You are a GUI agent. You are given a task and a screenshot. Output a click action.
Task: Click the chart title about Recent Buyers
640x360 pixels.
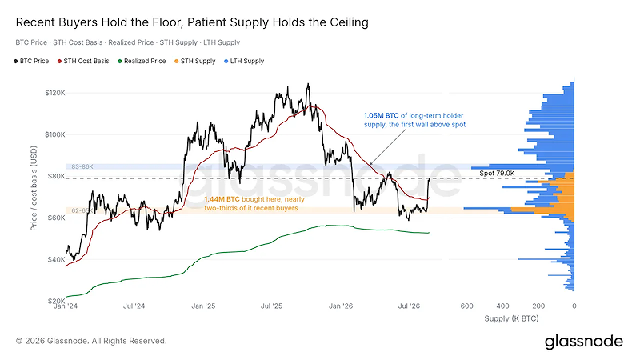click(192, 22)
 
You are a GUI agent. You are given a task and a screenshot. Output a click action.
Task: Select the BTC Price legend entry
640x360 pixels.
click(31, 62)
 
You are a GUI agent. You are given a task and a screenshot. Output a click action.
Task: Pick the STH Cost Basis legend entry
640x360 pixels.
click(83, 62)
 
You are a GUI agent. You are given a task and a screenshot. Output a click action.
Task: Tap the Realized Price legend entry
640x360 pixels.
click(142, 62)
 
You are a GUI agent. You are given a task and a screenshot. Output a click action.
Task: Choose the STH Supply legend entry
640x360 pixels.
click(194, 62)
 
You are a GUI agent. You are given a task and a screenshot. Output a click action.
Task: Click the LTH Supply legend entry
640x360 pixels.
click(244, 62)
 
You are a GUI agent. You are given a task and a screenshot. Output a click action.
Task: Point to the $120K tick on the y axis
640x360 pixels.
click(55, 93)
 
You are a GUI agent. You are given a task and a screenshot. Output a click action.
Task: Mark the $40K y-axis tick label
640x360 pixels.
click(55, 259)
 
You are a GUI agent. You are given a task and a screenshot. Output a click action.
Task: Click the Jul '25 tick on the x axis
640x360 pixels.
click(271, 306)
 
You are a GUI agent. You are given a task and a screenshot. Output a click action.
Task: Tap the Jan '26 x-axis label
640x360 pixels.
click(341, 306)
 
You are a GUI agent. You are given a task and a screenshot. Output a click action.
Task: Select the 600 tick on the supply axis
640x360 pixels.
click(467, 306)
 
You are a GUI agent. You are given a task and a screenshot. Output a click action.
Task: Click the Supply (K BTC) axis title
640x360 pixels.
click(511, 318)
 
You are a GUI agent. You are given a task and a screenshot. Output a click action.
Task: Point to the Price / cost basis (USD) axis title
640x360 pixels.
click(34, 188)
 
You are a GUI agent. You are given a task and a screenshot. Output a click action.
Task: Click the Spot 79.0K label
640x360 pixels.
click(497, 173)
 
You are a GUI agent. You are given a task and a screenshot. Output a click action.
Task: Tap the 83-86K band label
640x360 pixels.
click(82, 166)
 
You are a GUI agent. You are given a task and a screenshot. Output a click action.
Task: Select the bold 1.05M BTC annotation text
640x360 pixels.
click(382, 116)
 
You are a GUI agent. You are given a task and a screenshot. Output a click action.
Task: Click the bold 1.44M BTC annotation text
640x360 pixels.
click(222, 199)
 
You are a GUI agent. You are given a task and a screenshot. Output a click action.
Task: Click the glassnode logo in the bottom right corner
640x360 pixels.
click(584, 342)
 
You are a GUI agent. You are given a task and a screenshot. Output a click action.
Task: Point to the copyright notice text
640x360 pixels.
click(91, 341)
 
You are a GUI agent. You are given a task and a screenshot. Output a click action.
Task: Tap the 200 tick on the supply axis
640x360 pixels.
click(538, 306)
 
